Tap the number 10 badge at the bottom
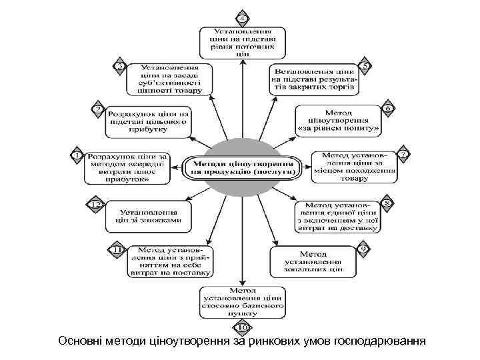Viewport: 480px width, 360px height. pos(243,327)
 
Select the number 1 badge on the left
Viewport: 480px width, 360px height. pos(77,155)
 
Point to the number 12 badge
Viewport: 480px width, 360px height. pos(96,204)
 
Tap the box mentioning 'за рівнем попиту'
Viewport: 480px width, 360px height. pos(338,118)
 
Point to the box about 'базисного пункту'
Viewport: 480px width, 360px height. pos(243,302)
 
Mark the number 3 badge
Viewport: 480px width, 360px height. pos(119,66)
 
